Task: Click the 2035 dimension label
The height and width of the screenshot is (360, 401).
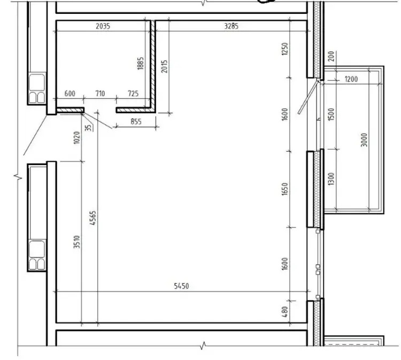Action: click(x=103, y=26)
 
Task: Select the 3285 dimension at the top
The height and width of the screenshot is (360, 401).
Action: click(x=231, y=26)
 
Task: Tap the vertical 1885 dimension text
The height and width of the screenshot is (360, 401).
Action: click(x=141, y=63)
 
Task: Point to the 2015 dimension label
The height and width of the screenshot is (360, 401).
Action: click(x=164, y=66)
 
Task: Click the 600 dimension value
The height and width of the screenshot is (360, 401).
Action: click(x=70, y=93)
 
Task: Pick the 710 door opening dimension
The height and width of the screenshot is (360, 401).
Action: click(x=100, y=93)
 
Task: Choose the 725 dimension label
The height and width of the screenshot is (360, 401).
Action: click(x=133, y=93)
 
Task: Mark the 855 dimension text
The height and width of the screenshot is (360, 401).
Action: click(x=136, y=121)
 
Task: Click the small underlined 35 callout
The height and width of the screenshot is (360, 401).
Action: click(x=89, y=128)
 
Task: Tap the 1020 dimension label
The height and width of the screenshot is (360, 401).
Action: click(x=76, y=137)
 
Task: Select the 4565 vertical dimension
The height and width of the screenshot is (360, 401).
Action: click(x=93, y=218)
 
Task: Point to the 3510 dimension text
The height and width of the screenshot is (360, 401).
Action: click(x=76, y=242)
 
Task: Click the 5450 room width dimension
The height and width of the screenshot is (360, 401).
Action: click(x=181, y=286)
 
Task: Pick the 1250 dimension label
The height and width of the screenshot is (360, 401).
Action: click(x=284, y=49)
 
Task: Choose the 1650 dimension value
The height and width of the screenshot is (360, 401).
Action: click(x=284, y=189)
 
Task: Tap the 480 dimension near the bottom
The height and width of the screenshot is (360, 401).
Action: click(x=285, y=312)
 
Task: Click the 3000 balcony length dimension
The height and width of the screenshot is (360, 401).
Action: click(x=364, y=140)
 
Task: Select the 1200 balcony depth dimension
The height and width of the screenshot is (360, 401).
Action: click(x=351, y=79)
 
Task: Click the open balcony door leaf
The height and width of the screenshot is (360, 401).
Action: click(x=308, y=97)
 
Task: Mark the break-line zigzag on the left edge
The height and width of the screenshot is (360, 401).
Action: click(x=18, y=177)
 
